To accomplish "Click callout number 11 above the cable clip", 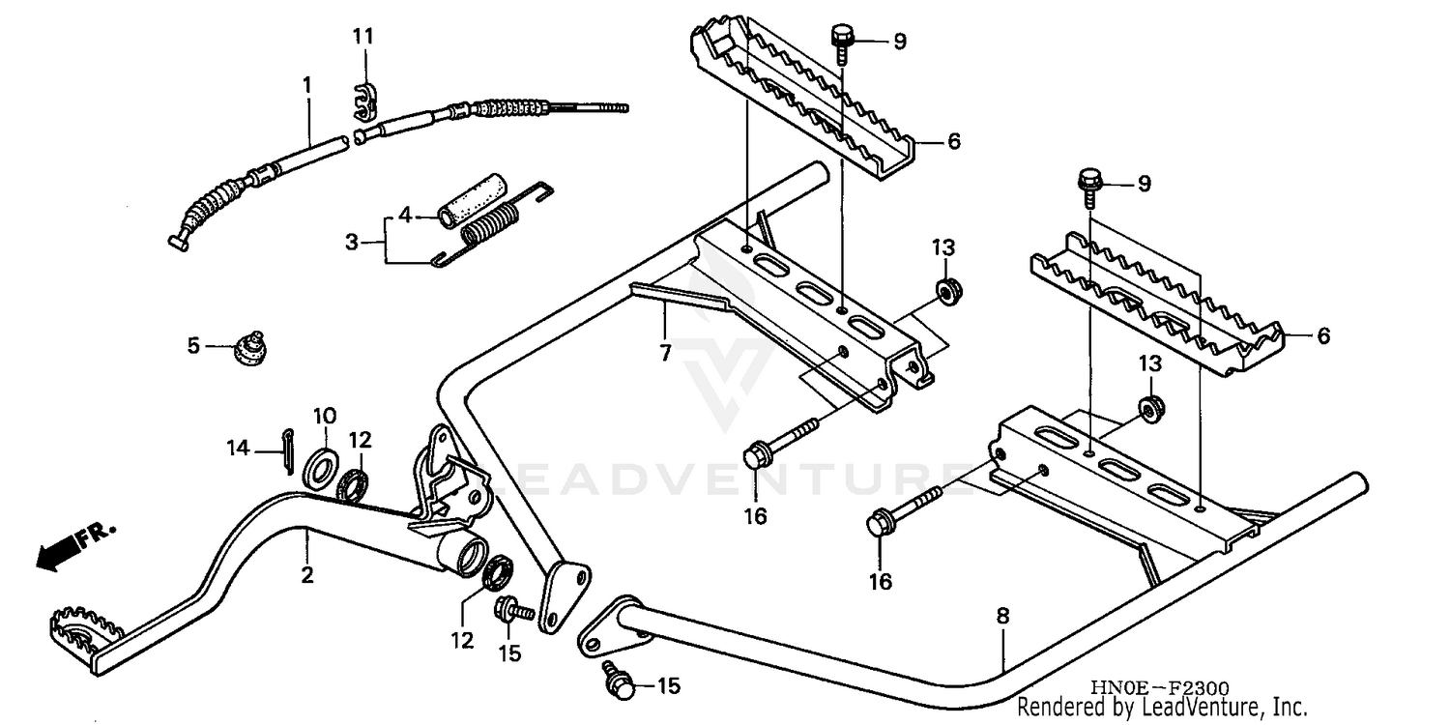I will tap(362, 37).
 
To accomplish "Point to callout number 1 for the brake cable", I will tap(307, 85).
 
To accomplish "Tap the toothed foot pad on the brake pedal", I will tap(86, 629).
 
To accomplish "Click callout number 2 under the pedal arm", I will tap(307, 576).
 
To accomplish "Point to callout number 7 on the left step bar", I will tap(665, 353).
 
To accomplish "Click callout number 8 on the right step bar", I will tap(1002, 616).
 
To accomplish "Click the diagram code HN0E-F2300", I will tap(1160, 687).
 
